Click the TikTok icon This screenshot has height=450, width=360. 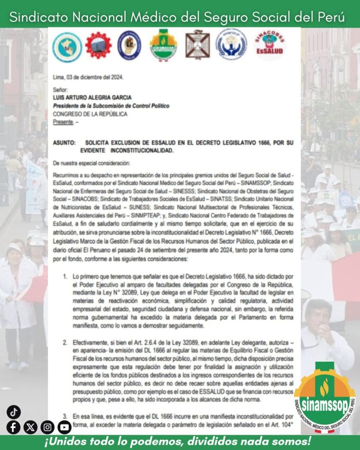click(14, 412)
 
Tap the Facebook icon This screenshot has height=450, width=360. click(14, 427)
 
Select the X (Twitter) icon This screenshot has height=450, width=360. click(30, 427)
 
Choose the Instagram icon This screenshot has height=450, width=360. click(47, 427)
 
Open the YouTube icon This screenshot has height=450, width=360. click(64, 427)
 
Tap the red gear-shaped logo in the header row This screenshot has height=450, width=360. click(98, 46)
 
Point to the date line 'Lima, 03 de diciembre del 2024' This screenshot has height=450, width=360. click(88, 77)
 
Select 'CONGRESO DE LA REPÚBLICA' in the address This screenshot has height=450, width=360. click(90, 114)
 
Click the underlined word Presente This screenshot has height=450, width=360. click(63, 122)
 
